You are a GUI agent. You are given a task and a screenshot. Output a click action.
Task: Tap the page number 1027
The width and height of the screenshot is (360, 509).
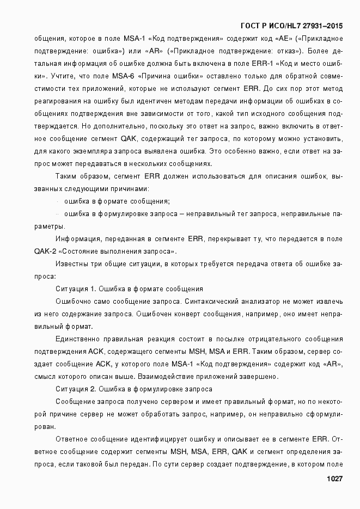click(x=334, y=479)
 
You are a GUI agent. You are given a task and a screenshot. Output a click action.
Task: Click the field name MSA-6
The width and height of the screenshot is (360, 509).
click(x=112, y=76)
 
